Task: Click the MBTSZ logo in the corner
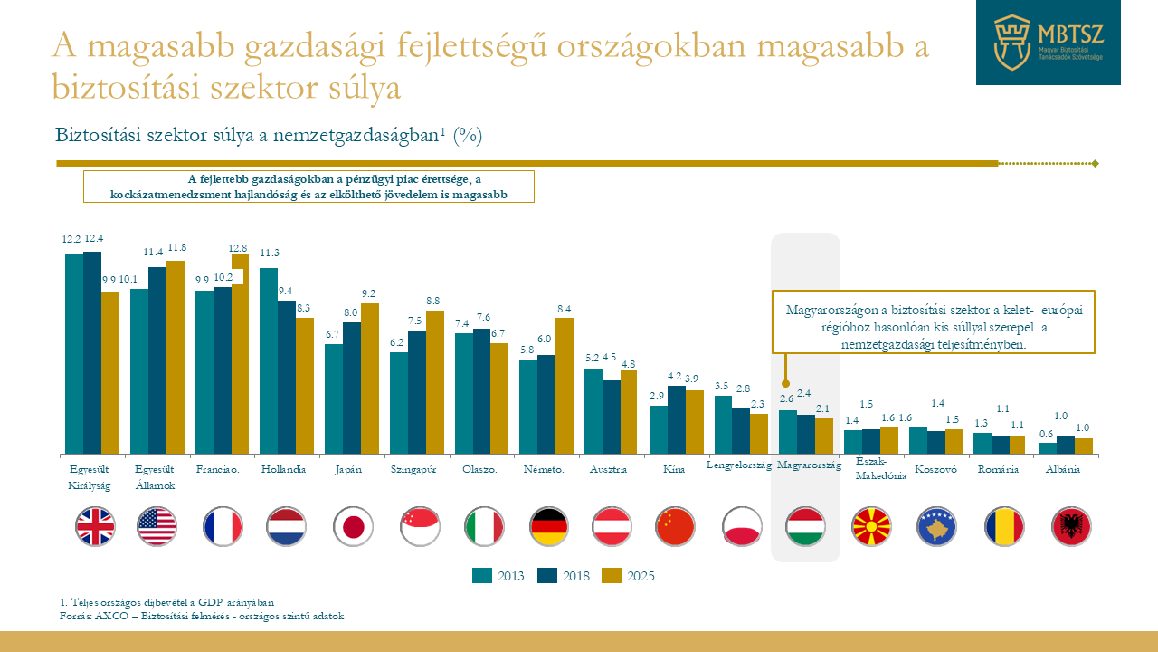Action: point(1048,43)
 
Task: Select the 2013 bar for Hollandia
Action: point(269,360)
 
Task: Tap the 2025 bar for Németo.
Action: point(565,385)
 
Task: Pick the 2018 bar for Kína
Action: point(677,419)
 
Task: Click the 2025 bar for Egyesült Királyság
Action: point(110,372)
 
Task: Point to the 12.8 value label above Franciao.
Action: point(239,247)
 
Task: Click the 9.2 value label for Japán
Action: point(369,293)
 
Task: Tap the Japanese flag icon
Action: point(353,526)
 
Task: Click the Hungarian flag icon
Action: point(805,526)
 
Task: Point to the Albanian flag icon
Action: point(1071,526)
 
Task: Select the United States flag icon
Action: point(157,526)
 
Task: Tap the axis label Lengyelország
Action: point(738,465)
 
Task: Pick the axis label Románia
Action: point(998,470)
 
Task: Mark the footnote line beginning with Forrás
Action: point(201,616)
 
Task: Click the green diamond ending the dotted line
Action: point(1096,164)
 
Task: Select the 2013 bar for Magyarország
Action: point(788,432)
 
